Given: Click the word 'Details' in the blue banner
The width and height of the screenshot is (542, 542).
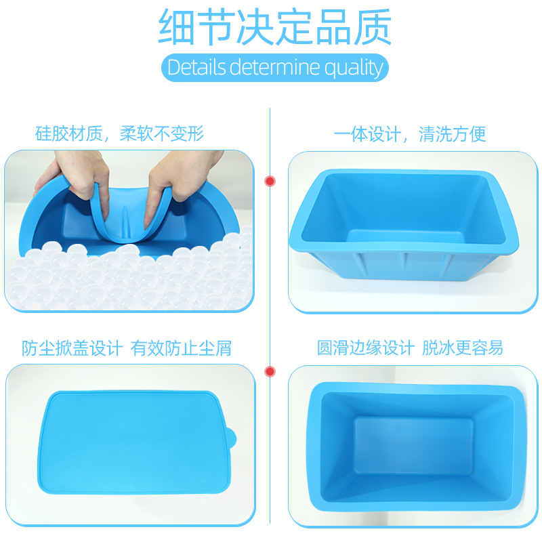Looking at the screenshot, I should click(x=196, y=68).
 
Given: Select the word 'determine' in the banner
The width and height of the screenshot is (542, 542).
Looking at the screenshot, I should click(x=275, y=68).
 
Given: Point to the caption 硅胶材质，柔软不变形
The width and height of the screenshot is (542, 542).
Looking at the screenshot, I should click(x=119, y=133).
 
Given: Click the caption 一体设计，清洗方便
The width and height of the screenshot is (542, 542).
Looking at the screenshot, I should click(x=411, y=133).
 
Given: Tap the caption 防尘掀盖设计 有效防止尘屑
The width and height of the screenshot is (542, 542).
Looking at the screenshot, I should click(x=127, y=348).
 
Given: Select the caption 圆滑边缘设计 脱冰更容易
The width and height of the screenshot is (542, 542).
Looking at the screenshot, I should click(x=411, y=348).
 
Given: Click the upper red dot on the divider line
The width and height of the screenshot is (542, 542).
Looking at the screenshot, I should click(x=270, y=181).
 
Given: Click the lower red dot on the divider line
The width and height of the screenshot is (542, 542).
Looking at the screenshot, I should click(x=270, y=371).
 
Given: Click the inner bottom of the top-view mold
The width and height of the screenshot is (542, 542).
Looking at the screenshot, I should click(x=413, y=444).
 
